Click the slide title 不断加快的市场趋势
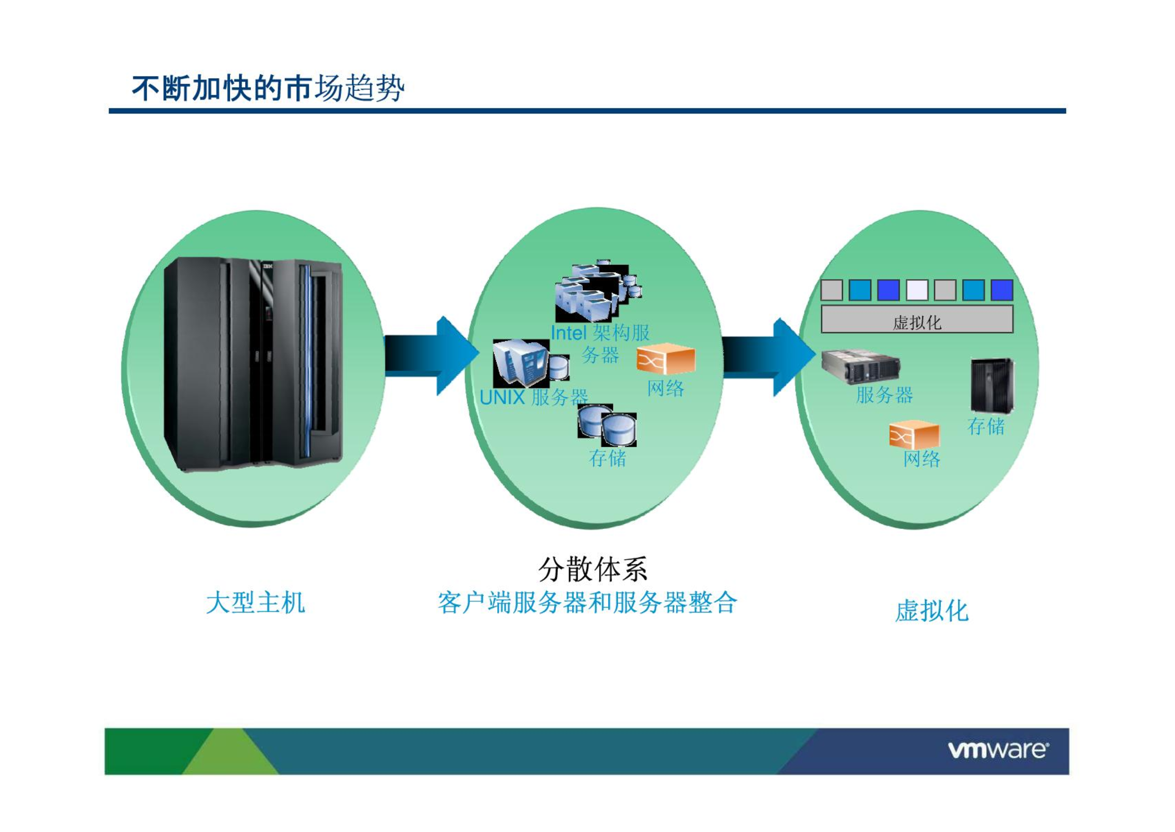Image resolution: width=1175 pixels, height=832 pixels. [x=268, y=88]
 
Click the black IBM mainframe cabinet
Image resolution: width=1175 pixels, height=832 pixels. [x=254, y=364]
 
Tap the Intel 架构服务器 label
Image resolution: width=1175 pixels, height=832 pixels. [x=600, y=343]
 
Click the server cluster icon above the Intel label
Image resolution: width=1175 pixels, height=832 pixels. [x=597, y=292]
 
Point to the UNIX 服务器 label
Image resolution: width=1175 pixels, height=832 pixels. [x=533, y=398]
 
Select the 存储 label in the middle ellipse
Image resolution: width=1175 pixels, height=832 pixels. [x=607, y=458]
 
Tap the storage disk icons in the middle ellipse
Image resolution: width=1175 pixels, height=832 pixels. [x=607, y=425]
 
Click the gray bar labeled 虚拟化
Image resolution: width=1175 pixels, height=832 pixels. [x=917, y=319]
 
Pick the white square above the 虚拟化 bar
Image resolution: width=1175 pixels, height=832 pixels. [x=917, y=290]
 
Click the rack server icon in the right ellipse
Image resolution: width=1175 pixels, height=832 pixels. [x=860, y=365]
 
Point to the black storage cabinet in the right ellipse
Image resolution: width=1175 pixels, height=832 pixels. [x=992, y=385]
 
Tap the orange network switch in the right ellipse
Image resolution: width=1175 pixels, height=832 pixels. [x=914, y=434]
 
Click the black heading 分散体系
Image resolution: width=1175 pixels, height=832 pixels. [x=593, y=569]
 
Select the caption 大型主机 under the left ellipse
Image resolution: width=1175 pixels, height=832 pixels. [x=256, y=603]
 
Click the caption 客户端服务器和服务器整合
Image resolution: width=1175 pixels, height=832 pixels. [x=587, y=603]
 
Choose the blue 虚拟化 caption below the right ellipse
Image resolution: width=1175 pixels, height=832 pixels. [x=932, y=611]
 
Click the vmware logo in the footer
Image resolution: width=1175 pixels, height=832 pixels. [x=998, y=750]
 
